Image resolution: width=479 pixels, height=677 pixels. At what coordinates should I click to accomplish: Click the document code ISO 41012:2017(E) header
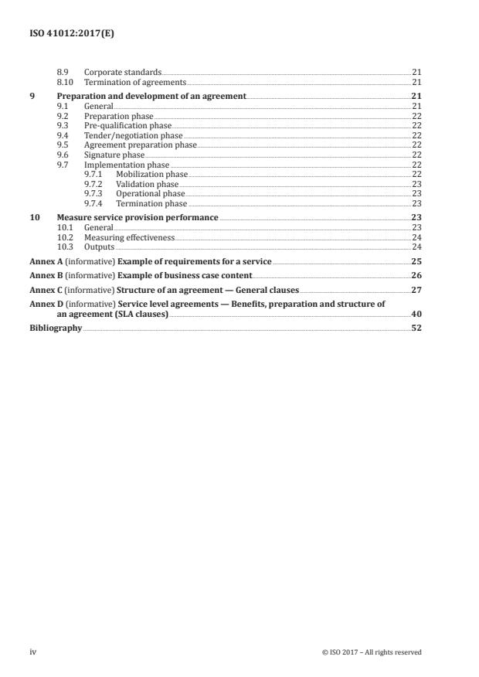[x=66, y=35]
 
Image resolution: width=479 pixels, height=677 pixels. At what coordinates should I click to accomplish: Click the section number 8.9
[x=63, y=72]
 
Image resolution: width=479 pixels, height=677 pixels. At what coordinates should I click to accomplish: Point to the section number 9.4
[x=63, y=134]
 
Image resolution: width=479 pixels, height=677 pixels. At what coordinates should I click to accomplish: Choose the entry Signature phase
[x=114, y=155]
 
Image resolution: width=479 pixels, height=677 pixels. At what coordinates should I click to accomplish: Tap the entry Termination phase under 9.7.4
[x=151, y=203]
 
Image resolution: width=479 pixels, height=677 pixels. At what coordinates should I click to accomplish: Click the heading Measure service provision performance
[x=138, y=218]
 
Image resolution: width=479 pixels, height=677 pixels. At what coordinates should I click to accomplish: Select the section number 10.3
[x=65, y=247]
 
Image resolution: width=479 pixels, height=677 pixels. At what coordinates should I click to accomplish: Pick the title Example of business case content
[x=185, y=275]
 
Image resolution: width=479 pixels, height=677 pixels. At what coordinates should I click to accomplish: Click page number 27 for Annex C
[x=416, y=289]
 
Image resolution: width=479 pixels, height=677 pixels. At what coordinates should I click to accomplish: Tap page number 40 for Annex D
[x=416, y=314]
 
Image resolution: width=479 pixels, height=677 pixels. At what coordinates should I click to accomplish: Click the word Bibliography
[x=56, y=328]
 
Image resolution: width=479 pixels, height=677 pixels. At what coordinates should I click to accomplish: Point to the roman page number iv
[x=33, y=652]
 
